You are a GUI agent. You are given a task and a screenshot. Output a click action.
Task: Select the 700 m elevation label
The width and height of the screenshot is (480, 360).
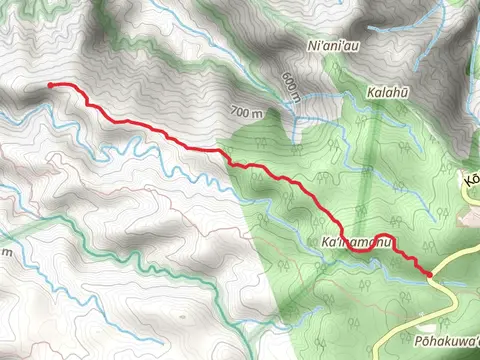247,113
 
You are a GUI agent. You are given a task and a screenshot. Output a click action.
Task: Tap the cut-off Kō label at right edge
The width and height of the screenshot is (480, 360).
471,179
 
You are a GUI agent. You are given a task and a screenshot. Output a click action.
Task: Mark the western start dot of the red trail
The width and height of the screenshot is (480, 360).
49,86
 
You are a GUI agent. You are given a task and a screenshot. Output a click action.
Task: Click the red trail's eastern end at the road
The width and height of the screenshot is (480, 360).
429,273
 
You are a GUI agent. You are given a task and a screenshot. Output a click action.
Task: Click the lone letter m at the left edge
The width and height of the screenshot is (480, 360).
6,251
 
